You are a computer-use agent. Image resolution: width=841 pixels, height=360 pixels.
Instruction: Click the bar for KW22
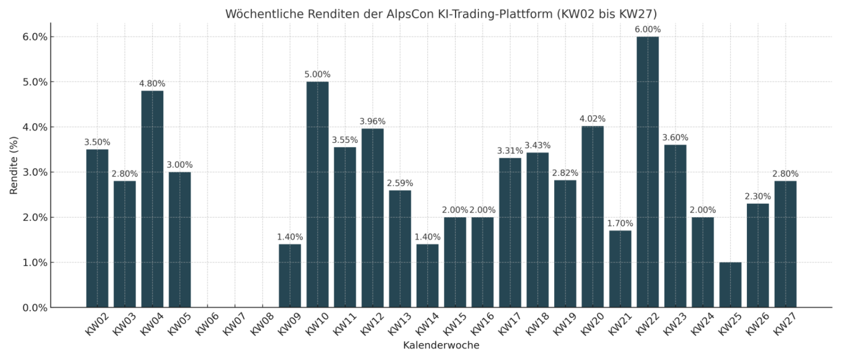(647, 172)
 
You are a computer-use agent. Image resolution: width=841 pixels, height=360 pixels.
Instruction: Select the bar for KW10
(318, 194)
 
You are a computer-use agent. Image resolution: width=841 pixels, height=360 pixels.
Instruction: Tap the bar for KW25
(730, 284)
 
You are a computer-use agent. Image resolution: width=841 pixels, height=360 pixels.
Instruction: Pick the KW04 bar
(152, 199)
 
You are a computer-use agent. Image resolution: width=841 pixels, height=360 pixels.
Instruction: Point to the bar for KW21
(620, 269)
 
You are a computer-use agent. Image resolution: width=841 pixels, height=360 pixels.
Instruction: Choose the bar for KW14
(427, 276)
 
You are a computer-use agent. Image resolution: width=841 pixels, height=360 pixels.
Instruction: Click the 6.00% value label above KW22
(648, 30)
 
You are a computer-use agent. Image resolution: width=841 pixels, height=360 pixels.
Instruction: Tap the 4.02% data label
(592, 119)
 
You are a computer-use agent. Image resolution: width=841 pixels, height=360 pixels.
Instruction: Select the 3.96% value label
(372, 121)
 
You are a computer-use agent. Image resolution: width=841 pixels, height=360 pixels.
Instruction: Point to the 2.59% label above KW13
(400, 183)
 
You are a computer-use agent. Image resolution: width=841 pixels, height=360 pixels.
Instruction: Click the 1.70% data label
(620, 223)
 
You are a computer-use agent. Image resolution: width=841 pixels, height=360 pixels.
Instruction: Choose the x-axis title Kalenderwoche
(441, 345)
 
